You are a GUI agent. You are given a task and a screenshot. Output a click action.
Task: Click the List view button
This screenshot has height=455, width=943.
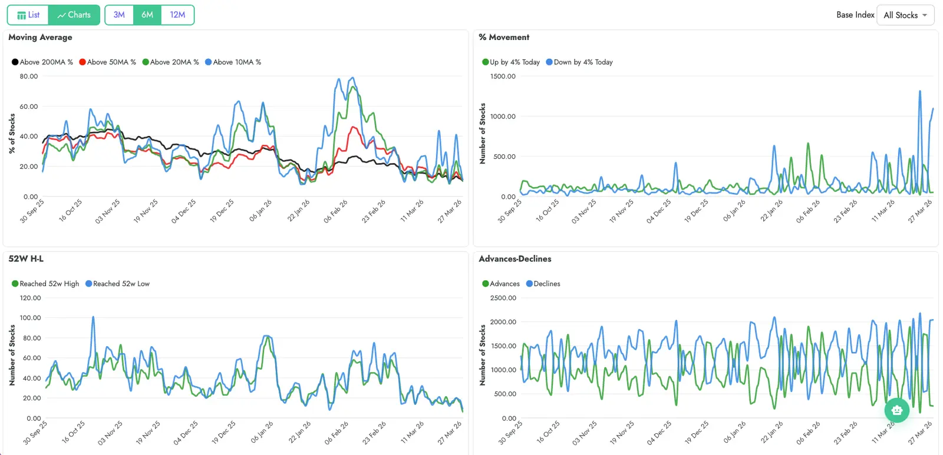(x=28, y=15)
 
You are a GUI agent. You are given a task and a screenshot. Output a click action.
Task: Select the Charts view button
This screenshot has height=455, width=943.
(x=74, y=15)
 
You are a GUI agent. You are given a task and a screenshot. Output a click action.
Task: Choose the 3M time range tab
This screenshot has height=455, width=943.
(x=119, y=15)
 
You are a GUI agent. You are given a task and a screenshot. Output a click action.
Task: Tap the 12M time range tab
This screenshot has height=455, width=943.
(x=177, y=15)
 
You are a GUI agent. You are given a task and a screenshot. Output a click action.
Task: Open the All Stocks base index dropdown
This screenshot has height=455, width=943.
(x=905, y=15)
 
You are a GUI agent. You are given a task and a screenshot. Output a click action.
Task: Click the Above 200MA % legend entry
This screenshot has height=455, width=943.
(x=42, y=62)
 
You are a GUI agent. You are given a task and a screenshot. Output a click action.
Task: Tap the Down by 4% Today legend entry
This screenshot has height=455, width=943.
(x=579, y=62)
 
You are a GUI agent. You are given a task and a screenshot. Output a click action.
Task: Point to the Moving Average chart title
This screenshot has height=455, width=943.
(x=40, y=37)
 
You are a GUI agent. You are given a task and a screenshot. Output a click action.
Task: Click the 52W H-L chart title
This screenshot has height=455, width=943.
(x=26, y=259)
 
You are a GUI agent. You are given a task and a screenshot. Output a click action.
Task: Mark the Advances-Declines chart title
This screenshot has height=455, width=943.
(x=515, y=259)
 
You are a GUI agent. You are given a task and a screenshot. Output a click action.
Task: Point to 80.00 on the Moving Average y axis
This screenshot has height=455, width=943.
(x=28, y=77)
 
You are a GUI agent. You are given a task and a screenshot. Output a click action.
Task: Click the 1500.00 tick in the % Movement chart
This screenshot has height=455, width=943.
(x=503, y=77)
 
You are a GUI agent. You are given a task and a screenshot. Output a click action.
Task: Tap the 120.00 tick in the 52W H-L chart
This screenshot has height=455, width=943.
(x=30, y=298)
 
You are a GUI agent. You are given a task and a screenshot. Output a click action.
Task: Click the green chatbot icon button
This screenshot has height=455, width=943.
(x=896, y=410)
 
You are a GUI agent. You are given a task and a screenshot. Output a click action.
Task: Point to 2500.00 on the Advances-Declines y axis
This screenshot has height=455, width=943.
(x=503, y=298)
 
